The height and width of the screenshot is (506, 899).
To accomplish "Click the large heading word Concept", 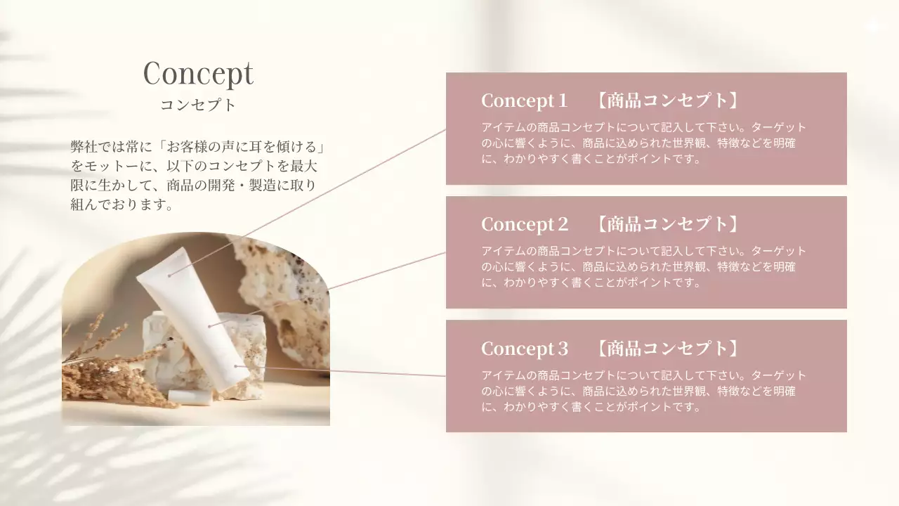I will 198,73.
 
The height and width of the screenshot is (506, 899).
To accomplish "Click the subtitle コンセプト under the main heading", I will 198,105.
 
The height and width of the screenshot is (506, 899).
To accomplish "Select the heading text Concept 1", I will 524,100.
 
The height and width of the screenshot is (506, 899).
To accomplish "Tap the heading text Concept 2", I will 524,224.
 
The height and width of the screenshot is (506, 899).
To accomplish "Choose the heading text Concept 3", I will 524,349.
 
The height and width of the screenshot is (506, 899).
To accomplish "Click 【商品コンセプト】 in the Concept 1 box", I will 667,100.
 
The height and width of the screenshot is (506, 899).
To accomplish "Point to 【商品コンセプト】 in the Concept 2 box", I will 667,224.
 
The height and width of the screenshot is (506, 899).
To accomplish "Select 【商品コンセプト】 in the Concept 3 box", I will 667,349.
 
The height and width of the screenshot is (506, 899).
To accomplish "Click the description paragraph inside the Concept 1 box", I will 643,143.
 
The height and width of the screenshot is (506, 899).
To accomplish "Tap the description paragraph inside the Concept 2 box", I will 643,266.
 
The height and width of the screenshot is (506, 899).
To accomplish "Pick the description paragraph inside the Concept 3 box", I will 643,391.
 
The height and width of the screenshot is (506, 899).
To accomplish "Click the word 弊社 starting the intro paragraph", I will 82,148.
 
